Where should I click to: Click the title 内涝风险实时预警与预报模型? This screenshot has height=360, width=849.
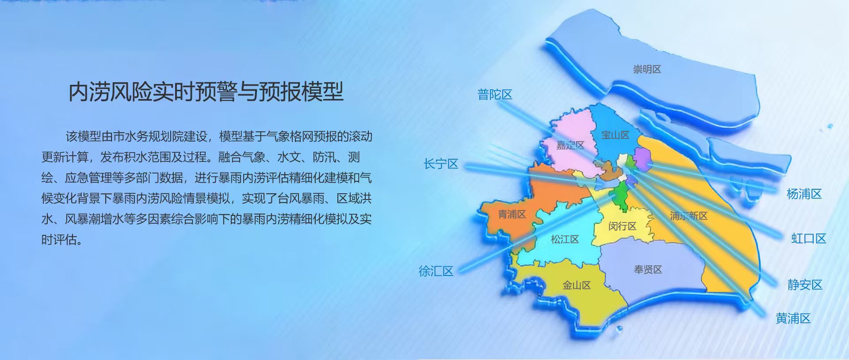point(206,92)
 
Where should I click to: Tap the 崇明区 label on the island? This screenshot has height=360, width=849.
point(647,69)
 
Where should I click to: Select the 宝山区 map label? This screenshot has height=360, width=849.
point(615,135)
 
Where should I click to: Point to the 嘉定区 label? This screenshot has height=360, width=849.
point(570,146)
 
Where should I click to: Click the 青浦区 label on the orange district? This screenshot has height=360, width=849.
point(512,214)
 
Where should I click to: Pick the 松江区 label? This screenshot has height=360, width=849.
point(565,240)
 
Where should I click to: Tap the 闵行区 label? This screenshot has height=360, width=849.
point(622,226)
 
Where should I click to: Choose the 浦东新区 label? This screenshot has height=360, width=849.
point(688,216)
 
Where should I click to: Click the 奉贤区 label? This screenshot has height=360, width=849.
point(648,270)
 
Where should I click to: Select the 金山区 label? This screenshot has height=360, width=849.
point(577,285)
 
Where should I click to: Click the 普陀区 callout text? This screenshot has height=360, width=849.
point(495,95)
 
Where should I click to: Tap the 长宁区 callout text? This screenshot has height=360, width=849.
point(441,164)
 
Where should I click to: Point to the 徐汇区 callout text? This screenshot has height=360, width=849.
point(436,271)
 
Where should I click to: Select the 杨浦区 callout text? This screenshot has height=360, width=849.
point(804,194)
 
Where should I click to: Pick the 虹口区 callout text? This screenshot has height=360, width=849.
point(809,239)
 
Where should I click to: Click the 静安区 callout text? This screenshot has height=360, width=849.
point(805,285)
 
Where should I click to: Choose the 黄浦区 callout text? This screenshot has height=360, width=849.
point(793,318)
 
